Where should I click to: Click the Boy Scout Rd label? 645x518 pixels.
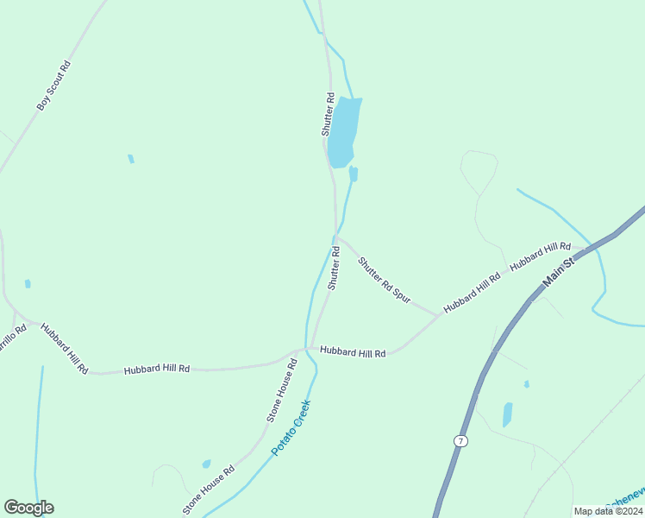click(x=53, y=85)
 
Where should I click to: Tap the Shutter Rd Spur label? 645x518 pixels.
click(x=384, y=279)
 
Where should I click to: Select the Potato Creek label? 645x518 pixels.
click(x=291, y=427)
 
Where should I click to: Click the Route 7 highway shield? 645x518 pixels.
click(x=461, y=441)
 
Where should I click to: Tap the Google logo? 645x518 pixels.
click(x=28, y=508)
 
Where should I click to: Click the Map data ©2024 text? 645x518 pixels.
click(x=608, y=511)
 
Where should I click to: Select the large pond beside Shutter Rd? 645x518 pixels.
click(x=343, y=131)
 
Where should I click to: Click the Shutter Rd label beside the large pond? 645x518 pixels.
click(x=328, y=114)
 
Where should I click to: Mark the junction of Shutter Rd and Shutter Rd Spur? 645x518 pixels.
click(x=336, y=237)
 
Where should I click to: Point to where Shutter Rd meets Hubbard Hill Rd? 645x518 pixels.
click(x=310, y=349)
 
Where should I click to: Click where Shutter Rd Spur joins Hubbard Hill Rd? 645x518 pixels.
click(x=439, y=314)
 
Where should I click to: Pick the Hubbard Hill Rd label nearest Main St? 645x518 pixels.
click(x=540, y=256)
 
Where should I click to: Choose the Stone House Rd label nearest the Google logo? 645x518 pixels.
click(x=208, y=490)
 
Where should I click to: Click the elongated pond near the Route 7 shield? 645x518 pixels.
click(x=507, y=414)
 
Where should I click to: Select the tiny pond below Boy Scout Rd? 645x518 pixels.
click(x=131, y=159)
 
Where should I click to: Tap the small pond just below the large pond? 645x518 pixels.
click(x=353, y=174)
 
